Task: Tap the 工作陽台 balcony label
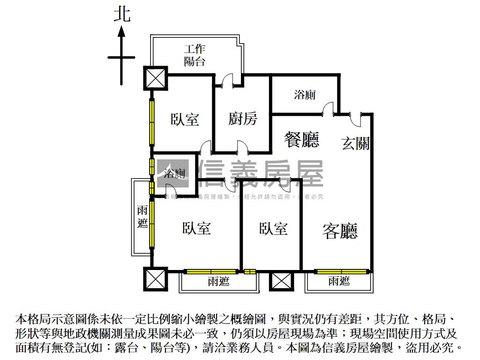coord(195,55)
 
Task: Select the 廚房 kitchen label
coord(243,119)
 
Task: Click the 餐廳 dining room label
coord(302,139)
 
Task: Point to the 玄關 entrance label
coord(355,143)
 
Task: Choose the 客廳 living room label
coord(340,231)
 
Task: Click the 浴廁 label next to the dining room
coord(305,95)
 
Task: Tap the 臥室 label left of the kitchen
coord(185,119)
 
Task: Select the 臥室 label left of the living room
coord(273,229)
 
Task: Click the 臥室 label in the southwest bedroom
coord(196,228)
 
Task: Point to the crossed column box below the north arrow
coord(155,78)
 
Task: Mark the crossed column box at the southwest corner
coord(155,279)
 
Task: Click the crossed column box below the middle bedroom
coord(281,282)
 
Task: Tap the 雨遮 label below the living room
coord(339,281)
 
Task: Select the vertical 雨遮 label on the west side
coord(142,217)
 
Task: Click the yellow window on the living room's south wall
coord(341,271)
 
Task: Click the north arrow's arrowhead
coord(121,31)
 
